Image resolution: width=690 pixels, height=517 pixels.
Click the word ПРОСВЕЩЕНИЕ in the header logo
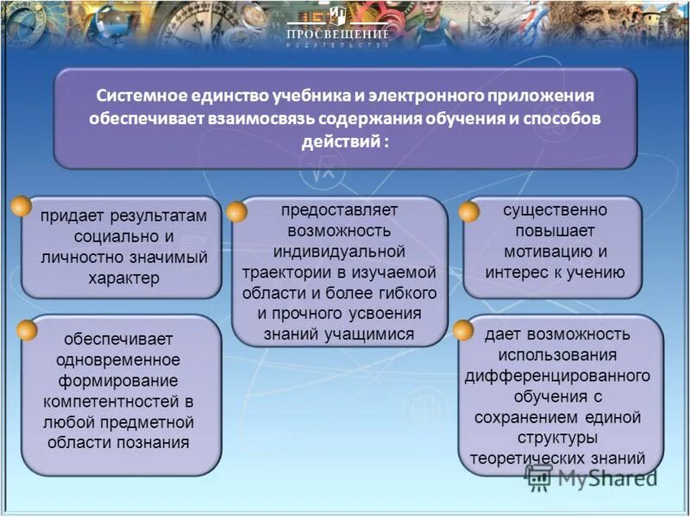(x=337, y=33)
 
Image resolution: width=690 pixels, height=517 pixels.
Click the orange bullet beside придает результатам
(x=22, y=207)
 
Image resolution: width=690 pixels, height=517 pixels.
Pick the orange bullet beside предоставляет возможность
(x=236, y=212)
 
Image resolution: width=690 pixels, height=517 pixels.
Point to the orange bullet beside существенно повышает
(x=468, y=212)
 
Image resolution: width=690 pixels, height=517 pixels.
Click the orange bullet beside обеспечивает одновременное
(x=27, y=330)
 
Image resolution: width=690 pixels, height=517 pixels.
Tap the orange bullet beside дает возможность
(x=463, y=330)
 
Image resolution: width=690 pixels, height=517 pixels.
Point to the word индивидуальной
(x=339, y=252)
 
